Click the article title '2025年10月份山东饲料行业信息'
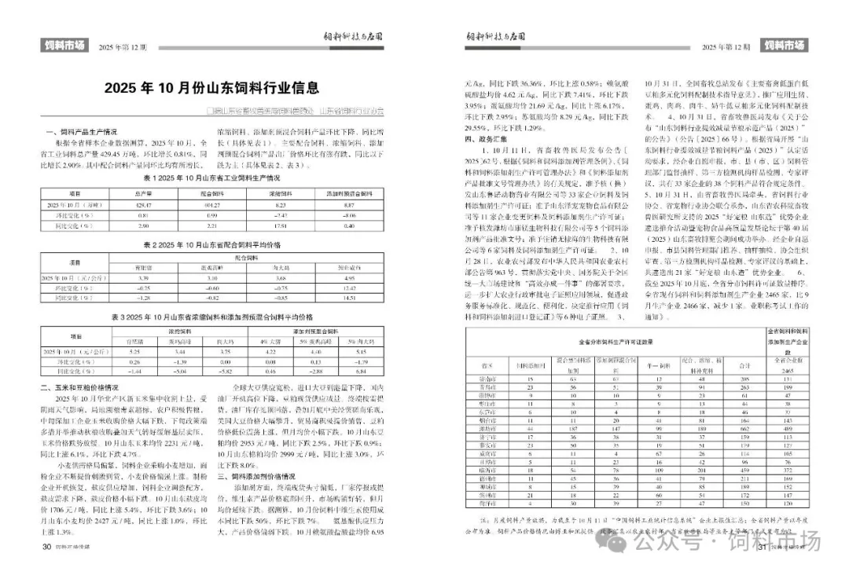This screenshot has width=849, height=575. pos(212,87)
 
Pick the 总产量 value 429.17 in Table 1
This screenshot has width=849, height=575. pos(144,204)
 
